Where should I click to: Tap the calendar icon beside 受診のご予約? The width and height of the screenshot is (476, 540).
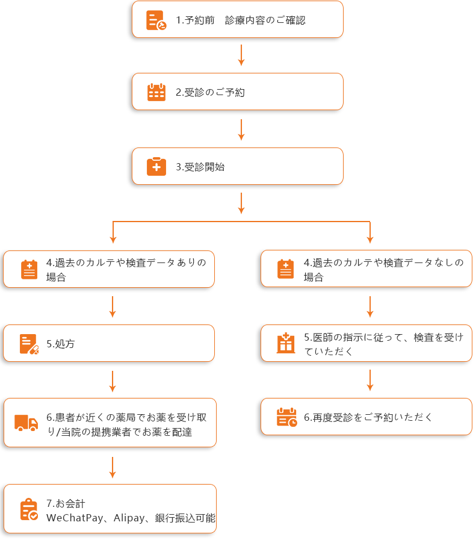tap(156, 92)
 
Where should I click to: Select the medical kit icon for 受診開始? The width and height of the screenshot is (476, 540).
tap(156, 167)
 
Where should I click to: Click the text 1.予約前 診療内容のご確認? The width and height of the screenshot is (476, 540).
tap(241, 20)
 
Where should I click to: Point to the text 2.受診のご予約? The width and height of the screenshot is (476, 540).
tap(210, 93)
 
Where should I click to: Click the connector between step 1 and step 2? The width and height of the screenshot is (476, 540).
tap(241, 55)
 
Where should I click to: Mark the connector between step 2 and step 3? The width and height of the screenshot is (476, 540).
tap(241, 129)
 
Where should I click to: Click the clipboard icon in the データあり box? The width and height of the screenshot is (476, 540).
tap(29, 269)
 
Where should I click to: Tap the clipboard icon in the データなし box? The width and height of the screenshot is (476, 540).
tap(286, 269)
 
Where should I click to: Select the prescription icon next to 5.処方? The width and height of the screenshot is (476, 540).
tap(29, 344)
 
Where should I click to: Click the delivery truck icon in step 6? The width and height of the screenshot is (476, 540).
tap(26, 423)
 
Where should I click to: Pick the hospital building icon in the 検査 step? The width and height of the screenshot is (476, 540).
tap(285, 343)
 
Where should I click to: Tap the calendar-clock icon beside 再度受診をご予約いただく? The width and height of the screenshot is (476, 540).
tap(286, 417)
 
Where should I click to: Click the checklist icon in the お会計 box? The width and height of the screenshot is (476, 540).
tap(29, 509)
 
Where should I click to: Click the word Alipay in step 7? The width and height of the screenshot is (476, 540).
tap(128, 518)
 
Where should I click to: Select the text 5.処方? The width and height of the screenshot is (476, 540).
tap(61, 344)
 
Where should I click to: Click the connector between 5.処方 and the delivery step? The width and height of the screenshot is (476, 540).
tap(113, 381)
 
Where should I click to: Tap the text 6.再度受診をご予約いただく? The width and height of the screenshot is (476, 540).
tap(368, 417)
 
